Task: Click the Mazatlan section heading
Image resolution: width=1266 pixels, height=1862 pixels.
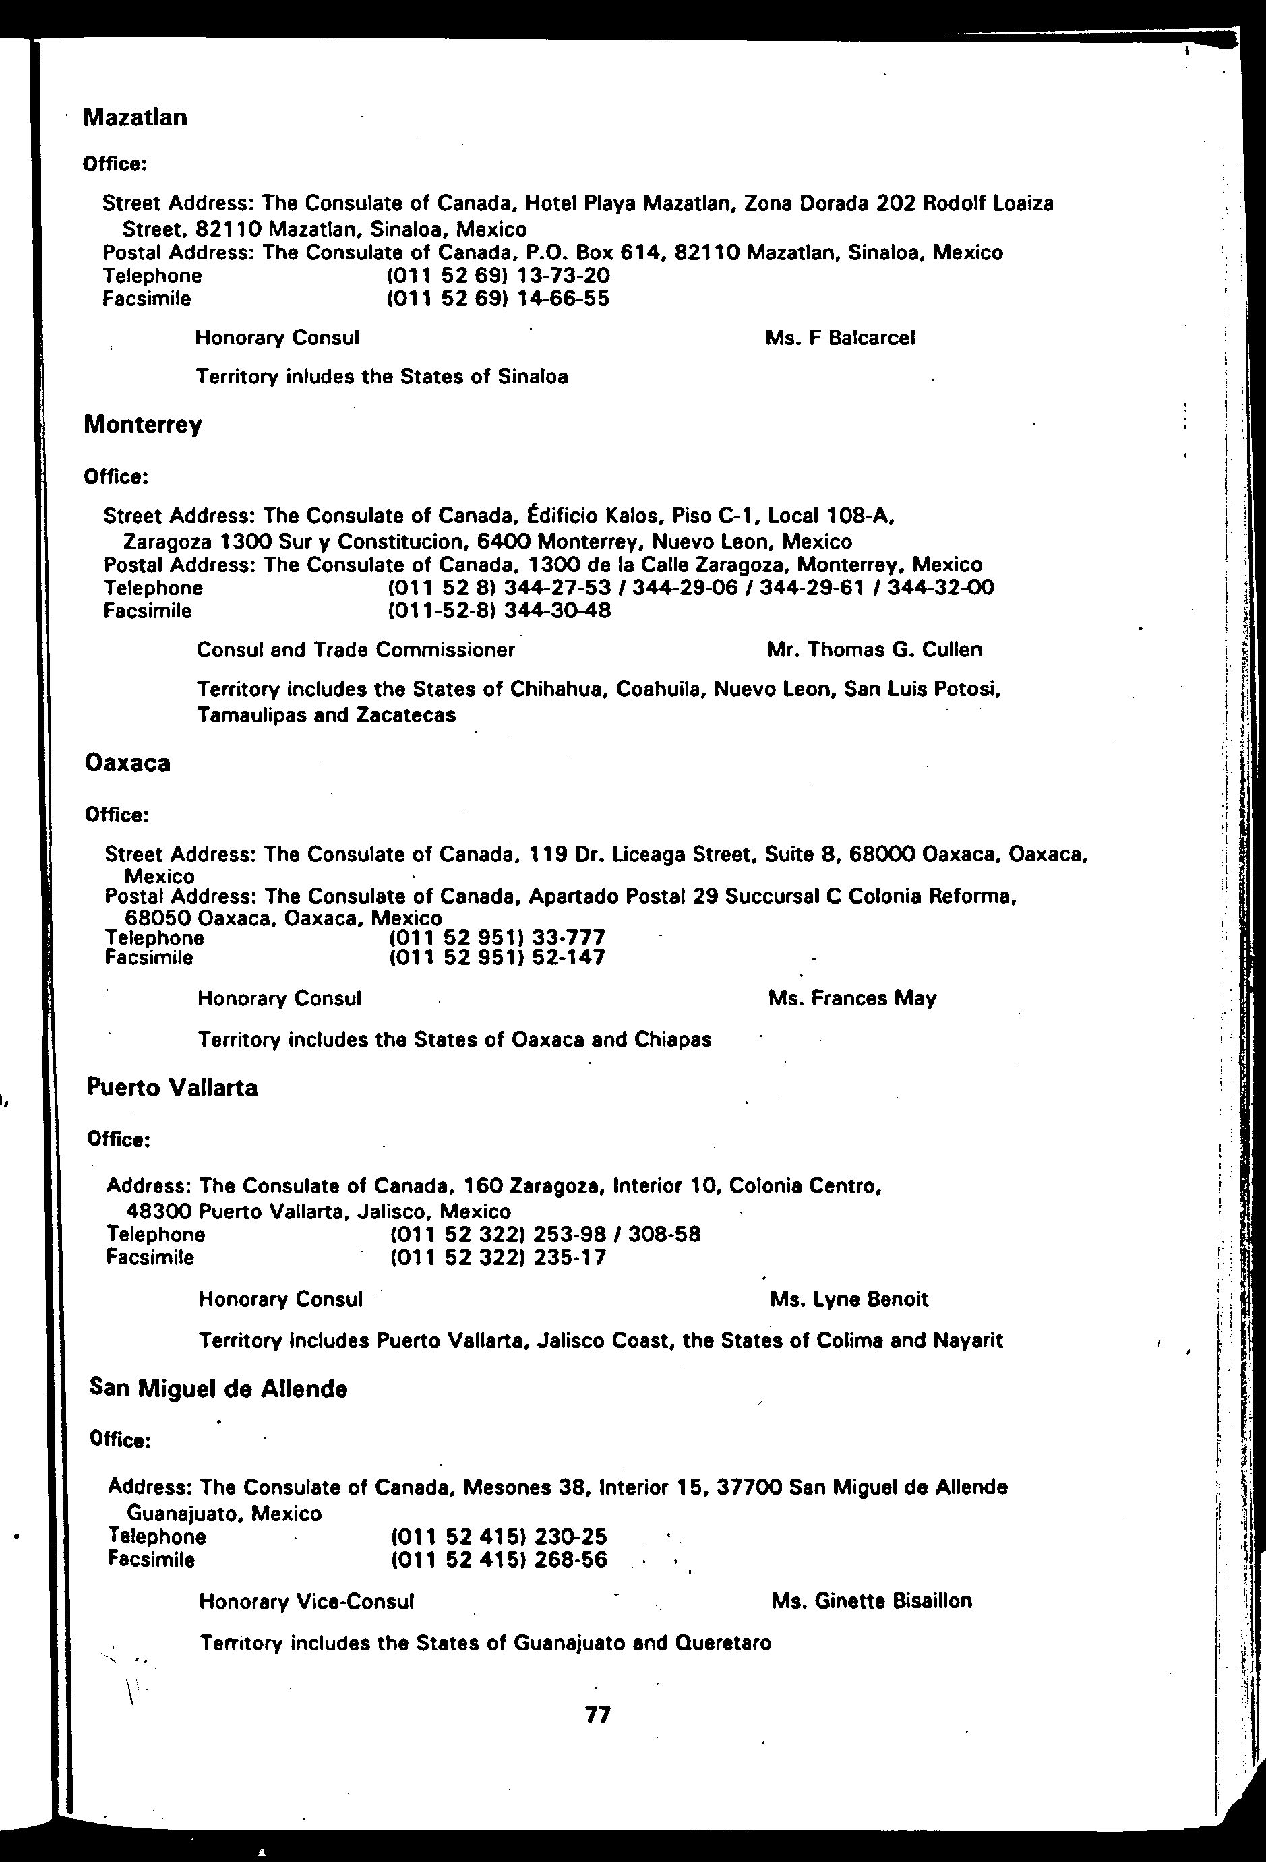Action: pyautogui.click(x=135, y=118)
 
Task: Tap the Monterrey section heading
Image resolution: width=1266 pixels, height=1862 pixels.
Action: pyautogui.click(x=143, y=424)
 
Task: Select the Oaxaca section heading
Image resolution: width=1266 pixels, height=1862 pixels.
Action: pyautogui.click(x=127, y=763)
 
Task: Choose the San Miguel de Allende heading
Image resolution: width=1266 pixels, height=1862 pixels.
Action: pyautogui.click(x=218, y=1388)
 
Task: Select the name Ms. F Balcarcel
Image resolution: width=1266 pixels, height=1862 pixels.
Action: pyautogui.click(x=840, y=338)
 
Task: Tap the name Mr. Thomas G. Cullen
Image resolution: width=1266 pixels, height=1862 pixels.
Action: pyautogui.click(x=874, y=649)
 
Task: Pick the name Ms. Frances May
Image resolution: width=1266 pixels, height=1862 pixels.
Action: pyautogui.click(x=851, y=998)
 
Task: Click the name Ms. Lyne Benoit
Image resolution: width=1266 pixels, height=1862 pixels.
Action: pyautogui.click(x=849, y=1299)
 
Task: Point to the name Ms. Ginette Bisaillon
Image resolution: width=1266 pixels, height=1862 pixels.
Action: pyautogui.click(x=871, y=1601)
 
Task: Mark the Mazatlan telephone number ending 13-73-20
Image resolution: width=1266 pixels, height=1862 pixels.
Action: pyautogui.click(x=498, y=276)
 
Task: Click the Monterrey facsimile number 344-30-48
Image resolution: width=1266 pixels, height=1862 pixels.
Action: pyautogui.click(x=500, y=611)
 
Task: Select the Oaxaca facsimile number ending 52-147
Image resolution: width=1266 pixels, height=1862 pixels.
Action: pyautogui.click(x=497, y=958)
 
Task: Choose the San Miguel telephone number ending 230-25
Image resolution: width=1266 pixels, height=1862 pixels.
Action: pyautogui.click(x=498, y=1536)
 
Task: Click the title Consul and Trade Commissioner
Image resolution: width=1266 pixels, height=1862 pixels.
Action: pyautogui.click(x=356, y=649)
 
